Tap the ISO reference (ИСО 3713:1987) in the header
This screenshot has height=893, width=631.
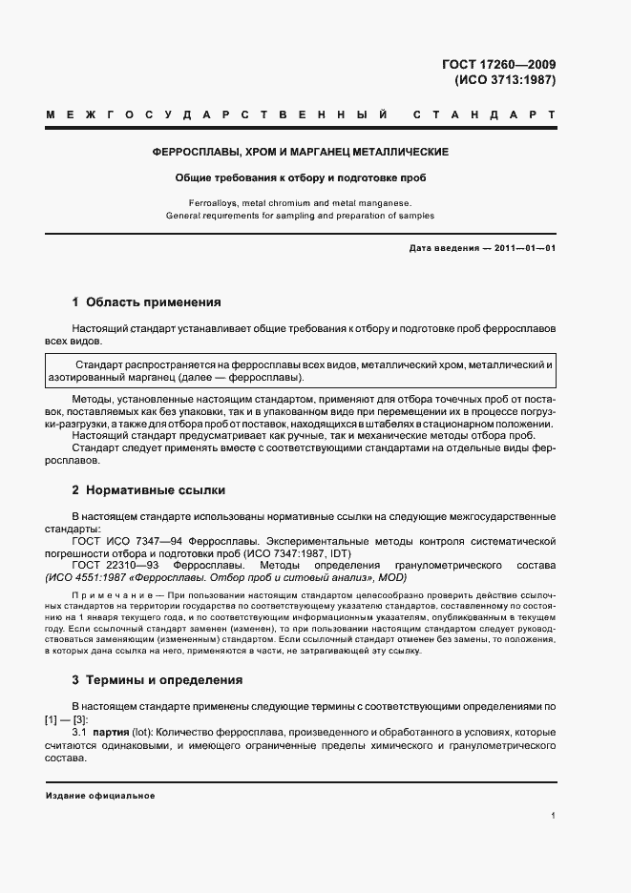click(x=505, y=80)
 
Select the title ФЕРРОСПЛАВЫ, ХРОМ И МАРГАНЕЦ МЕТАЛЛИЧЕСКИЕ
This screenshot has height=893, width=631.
click(x=301, y=152)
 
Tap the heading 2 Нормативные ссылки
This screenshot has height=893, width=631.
click(x=148, y=490)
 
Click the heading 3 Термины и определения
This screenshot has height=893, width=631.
click(x=157, y=680)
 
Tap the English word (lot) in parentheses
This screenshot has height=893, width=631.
click(x=142, y=732)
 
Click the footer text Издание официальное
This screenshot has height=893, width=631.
click(x=99, y=795)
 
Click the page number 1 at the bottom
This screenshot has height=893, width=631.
click(x=554, y=817)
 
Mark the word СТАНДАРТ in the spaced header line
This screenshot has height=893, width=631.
click(x=484, y=115)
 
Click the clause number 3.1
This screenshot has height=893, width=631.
click(x=79, y=732)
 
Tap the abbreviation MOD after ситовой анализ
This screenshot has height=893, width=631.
click(x=392, y=577)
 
